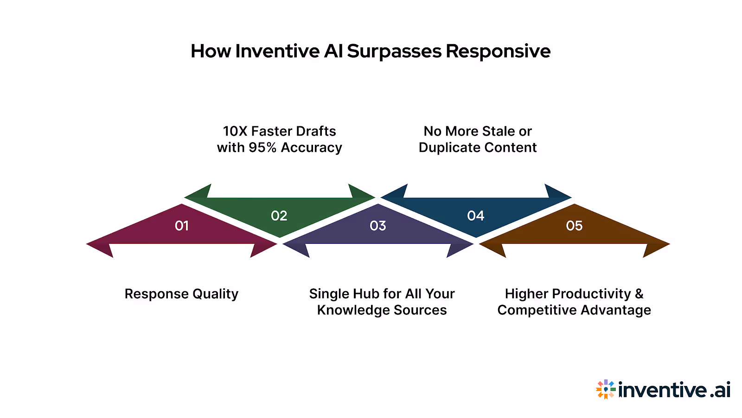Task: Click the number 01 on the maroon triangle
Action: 181,226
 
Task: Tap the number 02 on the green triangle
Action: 279,216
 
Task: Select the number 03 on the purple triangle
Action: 378,226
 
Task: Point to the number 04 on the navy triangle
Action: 476,216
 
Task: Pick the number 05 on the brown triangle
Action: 574,226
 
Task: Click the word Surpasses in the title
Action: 394,51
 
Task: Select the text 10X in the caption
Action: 235,131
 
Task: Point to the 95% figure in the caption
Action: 262,148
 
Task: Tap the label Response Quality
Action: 181,294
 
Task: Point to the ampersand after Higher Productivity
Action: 639,294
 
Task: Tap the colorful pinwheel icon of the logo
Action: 606,389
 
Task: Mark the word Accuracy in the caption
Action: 312,148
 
